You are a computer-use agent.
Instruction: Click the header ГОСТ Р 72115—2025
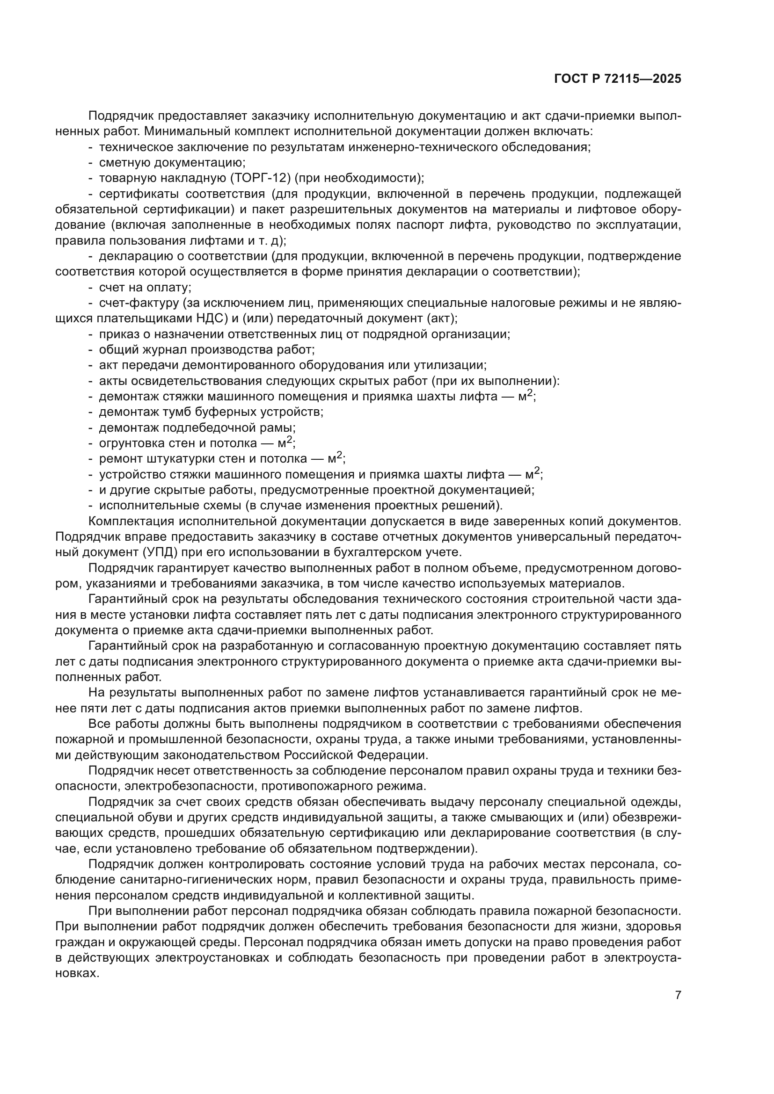coord(618,79)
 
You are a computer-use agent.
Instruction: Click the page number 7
coord(678,995)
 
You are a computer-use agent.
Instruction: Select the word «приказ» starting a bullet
coord(116,334)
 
